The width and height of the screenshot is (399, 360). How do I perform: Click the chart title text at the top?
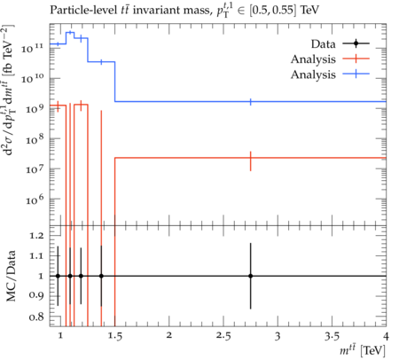pyautogui.click(x=184, y=11)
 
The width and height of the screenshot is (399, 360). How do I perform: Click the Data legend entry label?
pyautogui.click(x=323, y=44)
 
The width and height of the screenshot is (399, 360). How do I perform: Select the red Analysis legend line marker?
pyautogui.click(x=356, y=59)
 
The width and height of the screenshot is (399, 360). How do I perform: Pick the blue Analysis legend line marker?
pyautogui.click(x=356, y=74)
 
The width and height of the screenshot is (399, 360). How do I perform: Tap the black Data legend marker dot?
pyautogui.click(x=356, y=43)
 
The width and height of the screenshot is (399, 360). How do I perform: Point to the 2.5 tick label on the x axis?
pyautogui.click(x=223, y=336)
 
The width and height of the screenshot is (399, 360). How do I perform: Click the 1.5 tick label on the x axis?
pyautogui.click(x=114, y=336)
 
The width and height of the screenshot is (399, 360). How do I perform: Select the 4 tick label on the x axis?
pyautogui.click(x=386, y=336)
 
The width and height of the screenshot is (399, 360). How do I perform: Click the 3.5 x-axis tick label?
pyautogui.click(x=332, y=336)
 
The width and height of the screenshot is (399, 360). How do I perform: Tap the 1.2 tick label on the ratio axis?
pyautogui.click(x=36, y=236)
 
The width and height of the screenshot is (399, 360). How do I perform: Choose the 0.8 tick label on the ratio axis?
pyautogui.click(x=36, y=317)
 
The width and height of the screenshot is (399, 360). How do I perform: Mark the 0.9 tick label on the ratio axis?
pyautogui.click(x=36, y=295)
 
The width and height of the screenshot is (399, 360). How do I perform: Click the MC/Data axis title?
pyautogui.click(x=11, y=276)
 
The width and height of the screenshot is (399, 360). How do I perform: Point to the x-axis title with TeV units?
pyautogui.click(x=363, y=350)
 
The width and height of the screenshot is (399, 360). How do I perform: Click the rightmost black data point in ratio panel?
pyautogui.click(x=251, y=276)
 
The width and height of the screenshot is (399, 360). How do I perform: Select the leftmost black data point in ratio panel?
pyautogui.click(x=58, y=276)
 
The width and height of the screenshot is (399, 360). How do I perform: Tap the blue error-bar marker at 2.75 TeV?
pyautogui.click(x=251, y=102)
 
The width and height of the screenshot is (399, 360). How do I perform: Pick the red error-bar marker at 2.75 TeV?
pyautogui.click(x=251, y=160)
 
